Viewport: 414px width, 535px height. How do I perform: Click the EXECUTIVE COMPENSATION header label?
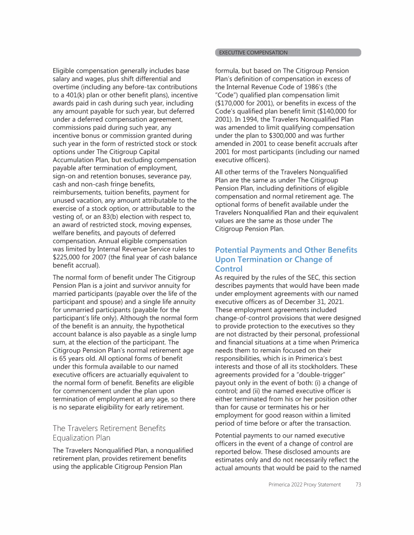click(253, 53)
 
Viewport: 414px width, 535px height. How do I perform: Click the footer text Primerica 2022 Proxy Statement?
click(305, 485)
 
